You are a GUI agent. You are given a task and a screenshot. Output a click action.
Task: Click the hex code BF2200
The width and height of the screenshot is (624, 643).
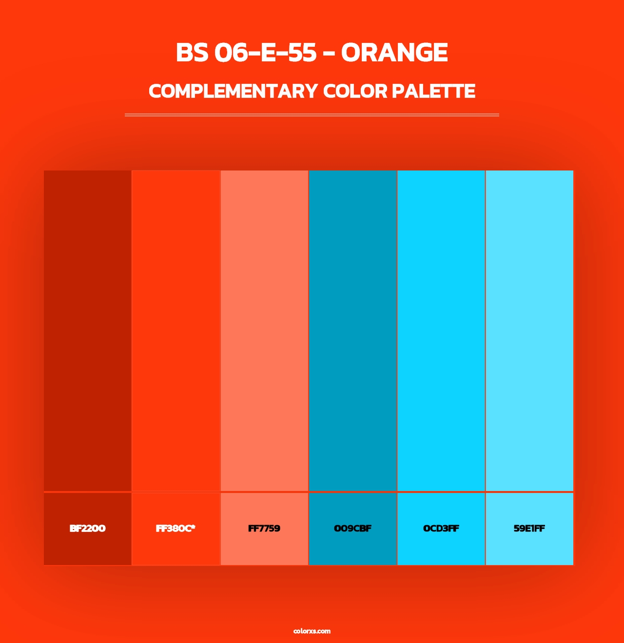coord(87,529)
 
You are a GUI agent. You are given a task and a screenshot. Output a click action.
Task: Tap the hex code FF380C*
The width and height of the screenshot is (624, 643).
coord(175,529)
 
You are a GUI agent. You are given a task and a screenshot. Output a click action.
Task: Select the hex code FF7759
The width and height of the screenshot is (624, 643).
coord(264,529)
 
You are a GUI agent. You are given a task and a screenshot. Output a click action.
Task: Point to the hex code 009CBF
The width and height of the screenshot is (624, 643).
coord(352,529)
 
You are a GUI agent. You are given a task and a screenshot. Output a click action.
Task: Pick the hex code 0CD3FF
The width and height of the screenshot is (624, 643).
coord(441,529)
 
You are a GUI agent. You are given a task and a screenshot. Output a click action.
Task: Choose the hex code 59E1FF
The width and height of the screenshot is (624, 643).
coord(529,529)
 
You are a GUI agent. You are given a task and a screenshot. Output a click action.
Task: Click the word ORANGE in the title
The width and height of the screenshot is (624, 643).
coord(394,53)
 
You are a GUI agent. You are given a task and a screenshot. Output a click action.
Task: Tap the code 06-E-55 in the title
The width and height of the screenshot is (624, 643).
coord(266,53)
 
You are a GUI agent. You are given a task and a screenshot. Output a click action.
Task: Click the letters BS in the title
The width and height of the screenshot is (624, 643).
coord(192,53)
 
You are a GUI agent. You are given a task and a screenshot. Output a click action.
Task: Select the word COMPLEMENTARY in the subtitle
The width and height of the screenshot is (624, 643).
coord(233,91)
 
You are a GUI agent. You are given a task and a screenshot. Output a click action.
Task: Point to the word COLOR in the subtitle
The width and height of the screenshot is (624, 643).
coord(354,91)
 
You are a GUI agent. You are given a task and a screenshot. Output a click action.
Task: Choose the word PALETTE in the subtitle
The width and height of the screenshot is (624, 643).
coord(433,91)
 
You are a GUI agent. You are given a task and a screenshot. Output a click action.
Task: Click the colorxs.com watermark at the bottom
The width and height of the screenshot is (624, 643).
coord(312,631)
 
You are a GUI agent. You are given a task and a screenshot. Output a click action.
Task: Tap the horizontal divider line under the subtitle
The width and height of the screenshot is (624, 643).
coord(312,115)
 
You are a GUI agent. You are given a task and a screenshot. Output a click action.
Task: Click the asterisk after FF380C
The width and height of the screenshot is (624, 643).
coord(193,527)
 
